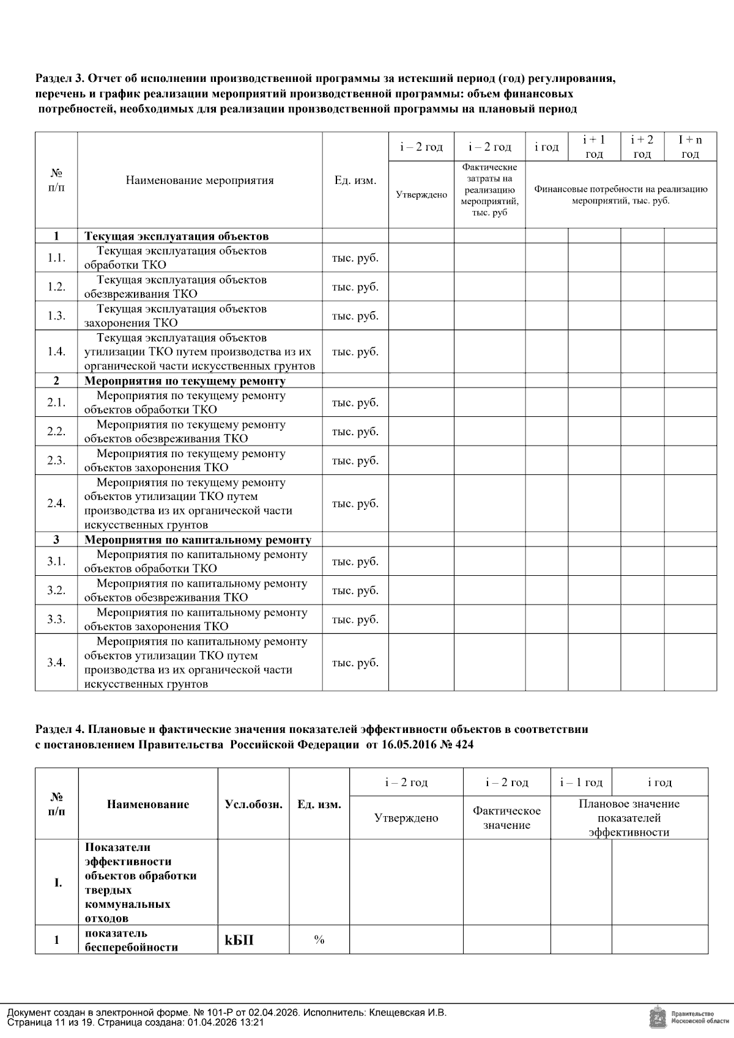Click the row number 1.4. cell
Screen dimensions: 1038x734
(x=56, y=352)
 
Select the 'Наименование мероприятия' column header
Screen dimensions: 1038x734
(x=199, y=180)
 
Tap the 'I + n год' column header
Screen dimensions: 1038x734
(x=690, y=147)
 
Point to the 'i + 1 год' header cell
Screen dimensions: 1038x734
(x=594, y=147)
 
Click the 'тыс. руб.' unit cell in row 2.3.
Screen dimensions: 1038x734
(x=355, y=461)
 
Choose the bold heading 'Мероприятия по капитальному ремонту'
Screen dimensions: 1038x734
(x=198, y=540)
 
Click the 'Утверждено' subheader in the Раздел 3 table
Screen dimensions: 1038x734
(x=421, y=195)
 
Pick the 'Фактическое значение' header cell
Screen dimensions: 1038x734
(x=506, y=818)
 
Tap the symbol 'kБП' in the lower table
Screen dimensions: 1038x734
(x=239, y=940)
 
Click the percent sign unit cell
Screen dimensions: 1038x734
(x=319, y=940)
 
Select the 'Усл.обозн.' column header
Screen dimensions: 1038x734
(x=253, y=804)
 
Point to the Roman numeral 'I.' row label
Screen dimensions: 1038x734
(x=57, y=883)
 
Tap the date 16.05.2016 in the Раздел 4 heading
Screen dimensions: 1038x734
(x=405, y=745)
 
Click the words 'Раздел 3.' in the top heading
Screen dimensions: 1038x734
(x=59, y=79)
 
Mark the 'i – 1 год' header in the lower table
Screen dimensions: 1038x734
(x=580, y=782)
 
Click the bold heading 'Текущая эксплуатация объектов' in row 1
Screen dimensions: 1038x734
(x=176, y=236)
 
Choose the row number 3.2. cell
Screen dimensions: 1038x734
(x=56, y=591)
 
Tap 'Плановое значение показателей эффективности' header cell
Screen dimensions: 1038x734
(x=629, y=818)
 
